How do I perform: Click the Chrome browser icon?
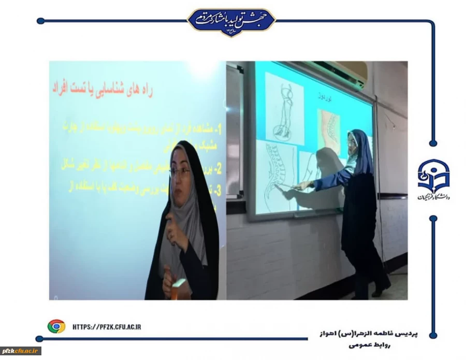point(56,326)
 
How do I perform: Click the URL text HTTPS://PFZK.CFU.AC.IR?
point(107,326)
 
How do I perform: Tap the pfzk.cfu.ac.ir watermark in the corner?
point(21,351)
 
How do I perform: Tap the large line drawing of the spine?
point(276,179)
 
